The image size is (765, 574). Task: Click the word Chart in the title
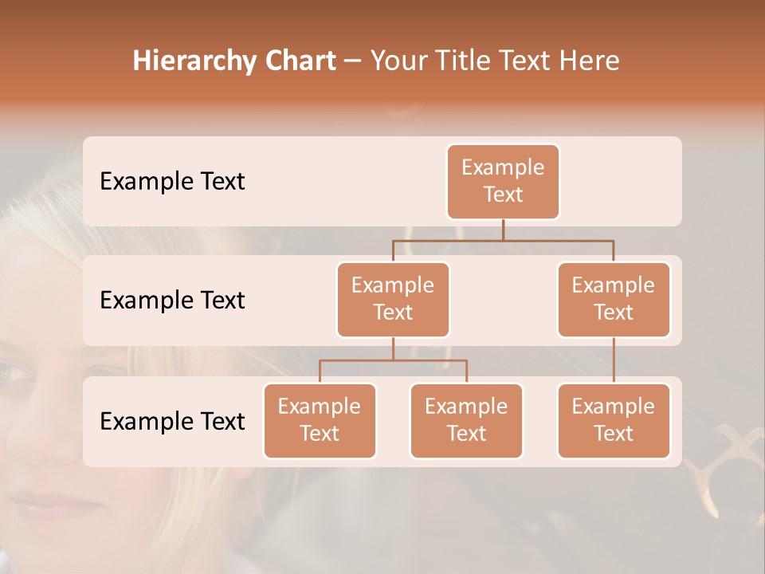pyautogui.click(x=296, y=61)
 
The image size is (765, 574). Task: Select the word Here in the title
pyautogui.click(x=590, y=61)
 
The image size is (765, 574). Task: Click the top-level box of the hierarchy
pyautogui.click(x=503, y=181)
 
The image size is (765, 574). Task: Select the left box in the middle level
pyautogui.click(x=393, y=299)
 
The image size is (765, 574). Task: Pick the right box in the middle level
pyautogui.click(x=614, y=299)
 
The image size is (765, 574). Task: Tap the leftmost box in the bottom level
pyautogui.click(x=320, y=420)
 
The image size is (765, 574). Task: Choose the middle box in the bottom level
pyautogui.click(x=466, y=420)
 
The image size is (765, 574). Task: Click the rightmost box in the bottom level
pyautogui.click(x=614, y=420)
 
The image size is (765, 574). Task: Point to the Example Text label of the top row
pyautogui.click(x=172, y=182)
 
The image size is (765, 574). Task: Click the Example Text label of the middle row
pyautogui.click(x=172, y=301)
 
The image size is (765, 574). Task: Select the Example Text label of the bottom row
pyautogui.click(x=172, y=421)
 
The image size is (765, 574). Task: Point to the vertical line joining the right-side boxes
pyautogui.click(x=614, y=360)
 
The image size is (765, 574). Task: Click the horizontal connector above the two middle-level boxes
pyautogui.click(x=503, y=240)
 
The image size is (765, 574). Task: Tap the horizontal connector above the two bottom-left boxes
pyautogui.click(x=393, y=360)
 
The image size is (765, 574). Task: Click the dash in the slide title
pyautogui.click(x=353, y=62)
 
